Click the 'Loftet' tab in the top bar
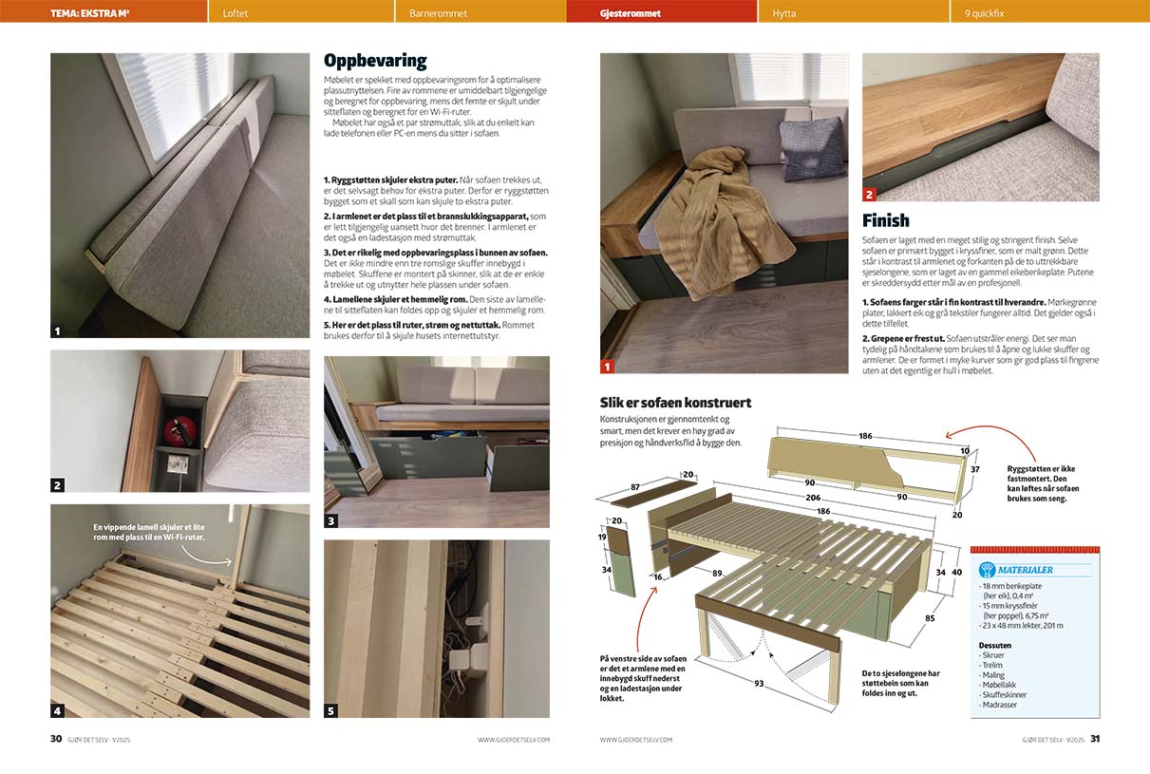point(236,14)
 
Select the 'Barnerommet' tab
point(439,14)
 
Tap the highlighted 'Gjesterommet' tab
point(631,14)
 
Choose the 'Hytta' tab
point(784,14)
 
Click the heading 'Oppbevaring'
point(375,61)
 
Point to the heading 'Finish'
point(885,221)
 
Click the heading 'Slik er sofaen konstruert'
point(675,402)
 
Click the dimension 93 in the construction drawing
point(759,684)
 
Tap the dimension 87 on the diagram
point(635,487)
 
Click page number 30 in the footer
point(56,739)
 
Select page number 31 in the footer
point(1094,739)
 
